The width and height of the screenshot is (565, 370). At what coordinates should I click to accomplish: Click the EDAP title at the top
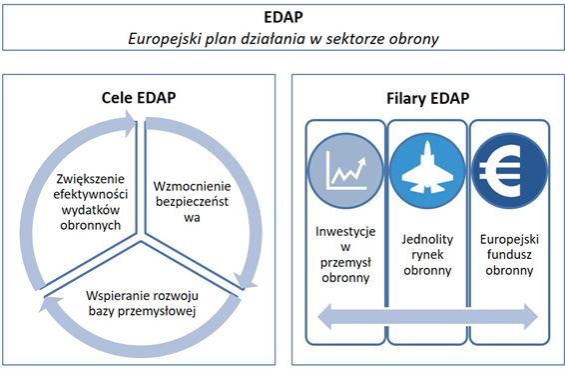283,17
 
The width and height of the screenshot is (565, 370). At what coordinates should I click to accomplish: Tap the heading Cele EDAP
139,97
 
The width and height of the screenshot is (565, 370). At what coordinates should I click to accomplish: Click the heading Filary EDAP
428,98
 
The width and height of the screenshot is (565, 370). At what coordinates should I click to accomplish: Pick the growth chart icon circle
346,170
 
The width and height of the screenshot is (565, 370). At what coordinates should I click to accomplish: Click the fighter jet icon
427,167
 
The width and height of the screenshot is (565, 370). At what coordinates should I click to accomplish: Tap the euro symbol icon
500,171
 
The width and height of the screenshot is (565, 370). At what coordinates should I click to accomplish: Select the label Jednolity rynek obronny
427,254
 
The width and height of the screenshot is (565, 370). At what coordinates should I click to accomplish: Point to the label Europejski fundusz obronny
509,254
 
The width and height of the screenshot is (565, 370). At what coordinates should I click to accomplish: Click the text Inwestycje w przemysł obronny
345,254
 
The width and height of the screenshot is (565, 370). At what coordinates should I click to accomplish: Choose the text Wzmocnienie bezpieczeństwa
192,202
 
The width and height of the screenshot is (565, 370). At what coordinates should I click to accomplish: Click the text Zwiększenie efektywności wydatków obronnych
91,202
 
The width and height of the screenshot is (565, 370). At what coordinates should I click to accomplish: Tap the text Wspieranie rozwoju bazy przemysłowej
142,303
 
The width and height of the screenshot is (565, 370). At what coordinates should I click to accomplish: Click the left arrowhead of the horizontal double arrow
325,317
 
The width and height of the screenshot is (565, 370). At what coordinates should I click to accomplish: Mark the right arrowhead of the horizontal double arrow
531,317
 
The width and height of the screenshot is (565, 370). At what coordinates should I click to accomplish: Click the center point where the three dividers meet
141,237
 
